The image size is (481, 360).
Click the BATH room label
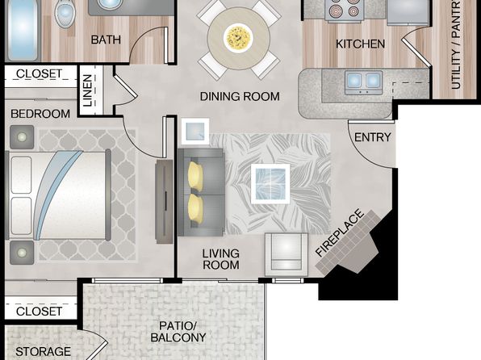(106, 40)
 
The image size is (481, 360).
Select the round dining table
(239, 37)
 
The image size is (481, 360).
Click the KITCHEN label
(360, 44)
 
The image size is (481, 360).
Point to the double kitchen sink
(363, 82)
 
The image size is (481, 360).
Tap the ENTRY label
(373, 137)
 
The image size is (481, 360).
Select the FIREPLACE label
(340, 232)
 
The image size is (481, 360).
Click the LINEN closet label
(88, 90)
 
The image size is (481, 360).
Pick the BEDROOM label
(40, 114)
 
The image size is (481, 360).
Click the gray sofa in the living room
(201, 192)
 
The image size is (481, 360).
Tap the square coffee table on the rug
(270, 184)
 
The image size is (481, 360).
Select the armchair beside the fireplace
(287, 254)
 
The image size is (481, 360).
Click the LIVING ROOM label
(221, 259)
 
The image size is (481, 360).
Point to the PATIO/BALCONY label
(178, 332)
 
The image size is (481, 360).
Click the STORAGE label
(43, 352)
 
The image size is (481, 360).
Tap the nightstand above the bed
(22, 137)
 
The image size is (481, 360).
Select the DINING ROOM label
(240, 96)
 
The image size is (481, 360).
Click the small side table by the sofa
(195, 131)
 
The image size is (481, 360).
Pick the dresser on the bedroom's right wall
(165, 202)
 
